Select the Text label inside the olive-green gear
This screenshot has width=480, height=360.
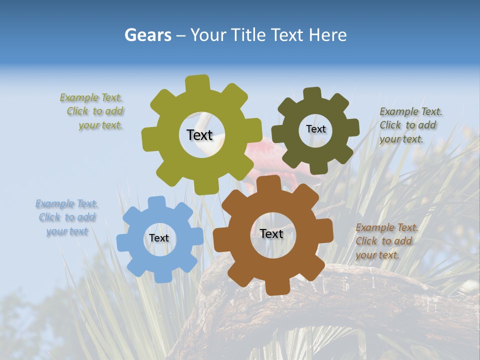tap(199, 135)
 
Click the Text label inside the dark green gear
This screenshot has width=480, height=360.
tap(315, 129)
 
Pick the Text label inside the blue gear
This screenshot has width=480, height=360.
tap(159, 238)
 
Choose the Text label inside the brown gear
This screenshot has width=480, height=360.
tap(271, 233)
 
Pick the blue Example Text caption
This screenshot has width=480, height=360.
tap(67, 217)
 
